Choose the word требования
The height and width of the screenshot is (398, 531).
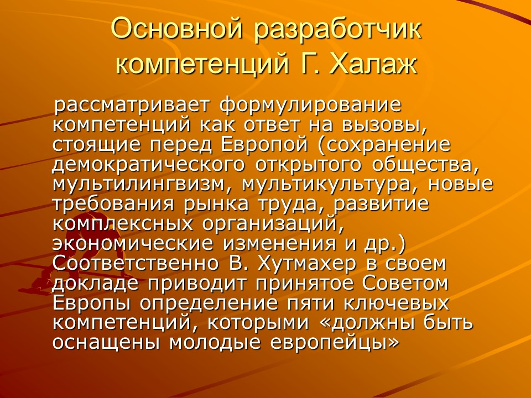[113, 203]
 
